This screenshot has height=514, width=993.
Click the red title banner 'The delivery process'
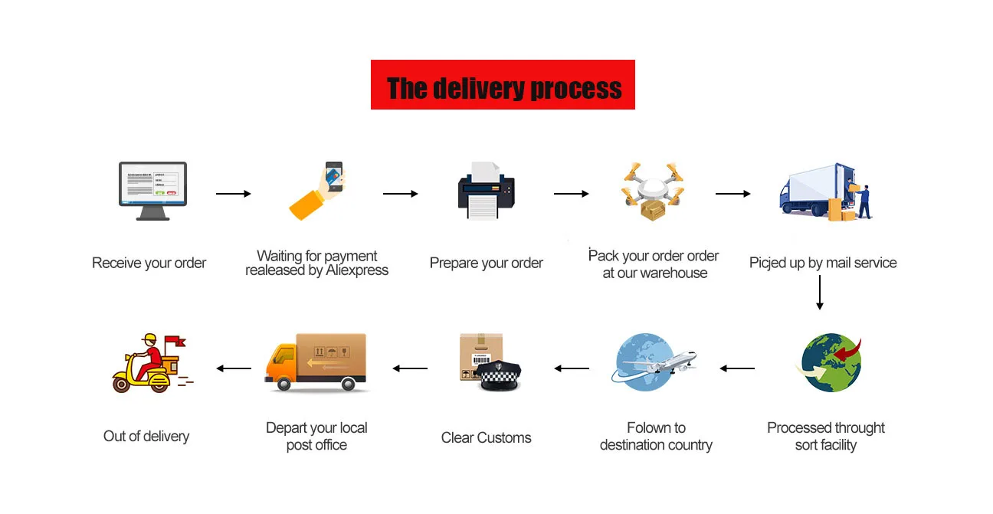click(503, 84)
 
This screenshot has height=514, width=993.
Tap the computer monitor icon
click(152, 191)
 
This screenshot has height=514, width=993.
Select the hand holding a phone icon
click(316, 191)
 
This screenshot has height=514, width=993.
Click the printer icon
click(487, 191)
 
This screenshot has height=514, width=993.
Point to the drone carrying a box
click(653, 191)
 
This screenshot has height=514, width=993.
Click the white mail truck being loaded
click(826, 192)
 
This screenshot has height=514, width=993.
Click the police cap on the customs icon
click(500, 375)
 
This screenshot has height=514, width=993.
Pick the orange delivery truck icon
click(316, 362)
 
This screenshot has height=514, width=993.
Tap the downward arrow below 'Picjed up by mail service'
click(820, 293)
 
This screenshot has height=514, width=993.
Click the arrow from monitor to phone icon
click(234, 194)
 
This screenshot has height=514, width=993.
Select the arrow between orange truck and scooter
click(234, 368)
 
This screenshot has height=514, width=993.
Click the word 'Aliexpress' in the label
click(357, 270)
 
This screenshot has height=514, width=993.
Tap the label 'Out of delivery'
click(146, 437)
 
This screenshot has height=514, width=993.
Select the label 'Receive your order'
click(149, 263)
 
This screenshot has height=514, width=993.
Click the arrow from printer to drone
click(572, 194)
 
